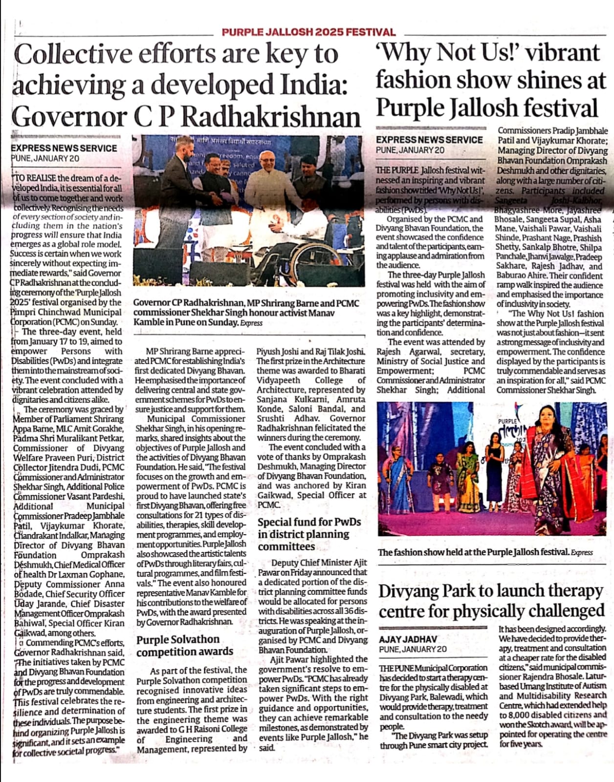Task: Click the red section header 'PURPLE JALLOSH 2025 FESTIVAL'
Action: [x=308, y=32]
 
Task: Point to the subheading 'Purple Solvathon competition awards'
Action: [x=185, y=645]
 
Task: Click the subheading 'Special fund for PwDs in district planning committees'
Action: [x=309, y=534]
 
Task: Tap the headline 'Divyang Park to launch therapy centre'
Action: [x=491, y=601]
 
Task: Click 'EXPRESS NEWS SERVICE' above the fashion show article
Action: [x=429, y=140]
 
